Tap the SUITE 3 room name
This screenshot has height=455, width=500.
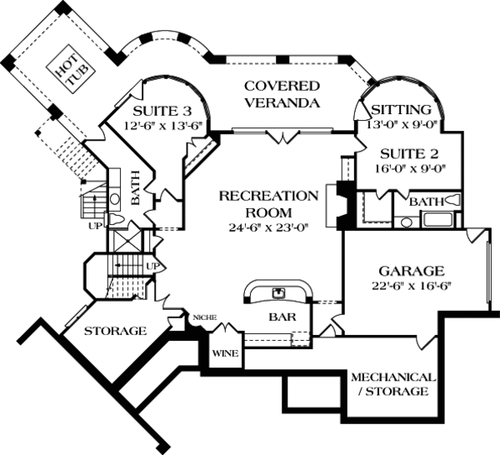pyautogui.click(x=158, y=111)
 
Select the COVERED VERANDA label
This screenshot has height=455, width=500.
pyautogui.click(x=282, y=94)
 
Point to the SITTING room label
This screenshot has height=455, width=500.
pyautogui.click(x=401, y=110)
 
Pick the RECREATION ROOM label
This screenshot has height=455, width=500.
pyautogui.click(x=268, y=204)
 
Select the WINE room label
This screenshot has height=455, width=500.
pyautogui.click(x=225, y=353)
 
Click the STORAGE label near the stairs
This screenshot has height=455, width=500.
pyautogui.click(x=115, y=331)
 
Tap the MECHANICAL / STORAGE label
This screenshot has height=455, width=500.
pyautogui.click(x=389, y=382)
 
